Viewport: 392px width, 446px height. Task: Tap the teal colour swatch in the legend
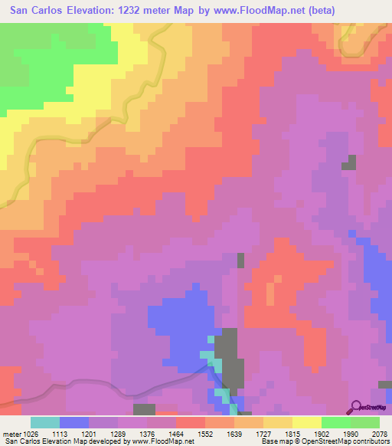(45, 422)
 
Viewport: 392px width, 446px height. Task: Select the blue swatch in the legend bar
(73, 422)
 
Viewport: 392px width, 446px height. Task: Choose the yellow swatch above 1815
(306, 422)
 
